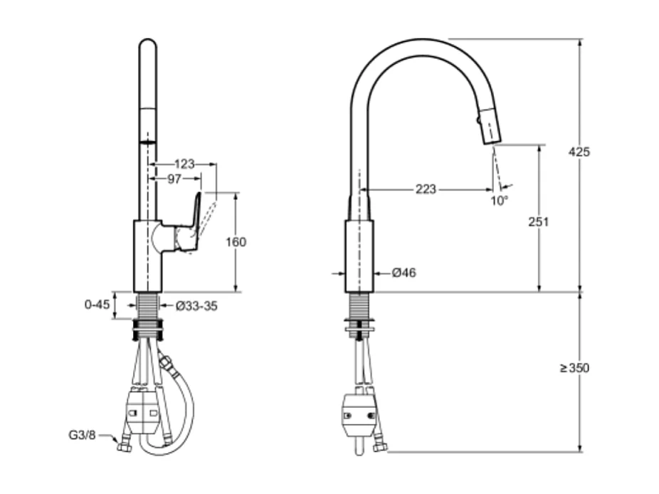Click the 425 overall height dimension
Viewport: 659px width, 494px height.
coord(579,152)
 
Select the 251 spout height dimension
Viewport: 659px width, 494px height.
coord(539,222)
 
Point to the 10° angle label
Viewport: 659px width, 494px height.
coord(500,201)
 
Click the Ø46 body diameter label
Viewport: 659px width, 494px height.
coord(404,273)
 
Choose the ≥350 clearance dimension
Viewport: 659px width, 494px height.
coord(574,368)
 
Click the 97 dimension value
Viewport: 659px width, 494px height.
coord(174,179)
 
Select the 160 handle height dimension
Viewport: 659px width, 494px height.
coord(235,242)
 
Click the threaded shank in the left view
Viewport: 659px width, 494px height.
coord(148,307)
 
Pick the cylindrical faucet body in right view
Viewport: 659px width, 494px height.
coord(359,256)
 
